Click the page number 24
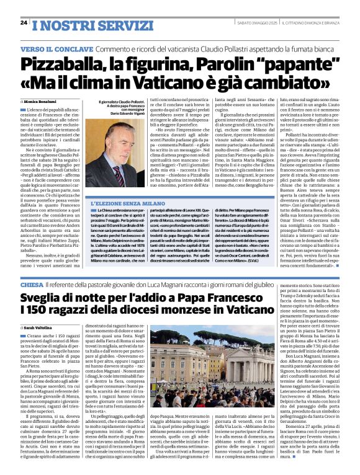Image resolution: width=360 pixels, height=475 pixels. [24, 22]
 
